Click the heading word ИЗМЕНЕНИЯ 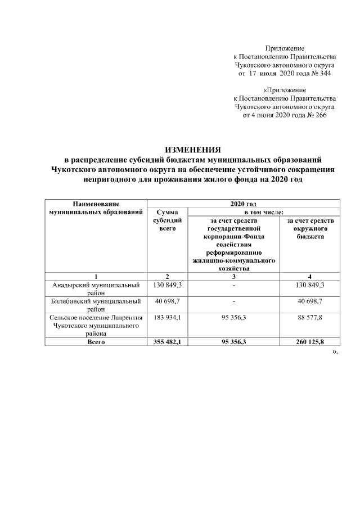[193, 150]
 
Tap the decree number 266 [320, 115]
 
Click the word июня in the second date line [263, 115]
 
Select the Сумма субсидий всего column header [167, 220]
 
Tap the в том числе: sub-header [263, 212]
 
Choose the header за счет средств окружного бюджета [310, 229]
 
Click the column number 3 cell [233, 276]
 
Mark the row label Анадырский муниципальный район [96, 289]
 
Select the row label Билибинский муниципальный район [96, 305]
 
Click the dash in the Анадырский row [233, 286]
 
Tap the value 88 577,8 [310, 318]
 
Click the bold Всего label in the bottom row [96, 341]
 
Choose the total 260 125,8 [310, 341]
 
